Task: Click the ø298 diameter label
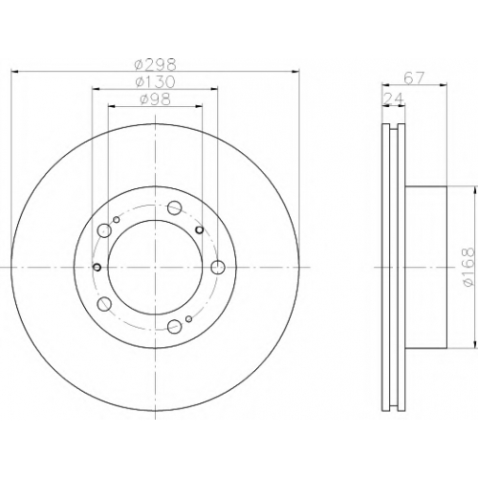pyautogui.click(x=155, y=65)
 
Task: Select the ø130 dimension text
pyautogui.click(x=155, y=82)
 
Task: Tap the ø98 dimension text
pyautogui.click(x=155, y=99)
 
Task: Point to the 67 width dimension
pyautogui.click(x=414, y=78)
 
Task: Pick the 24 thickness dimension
pyautogui.click(x=393, y=99)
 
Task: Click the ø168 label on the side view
pyautogui.click(x=469, y=267)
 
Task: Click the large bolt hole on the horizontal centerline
pyautogui.click(x=218, y=267)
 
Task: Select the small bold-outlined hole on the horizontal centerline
pyautogui.click(x=97, y=267)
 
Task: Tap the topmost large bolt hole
pyautogui.click(x=175, y=207)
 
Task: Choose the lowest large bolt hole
pyautogui.click(x=175, y=326)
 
